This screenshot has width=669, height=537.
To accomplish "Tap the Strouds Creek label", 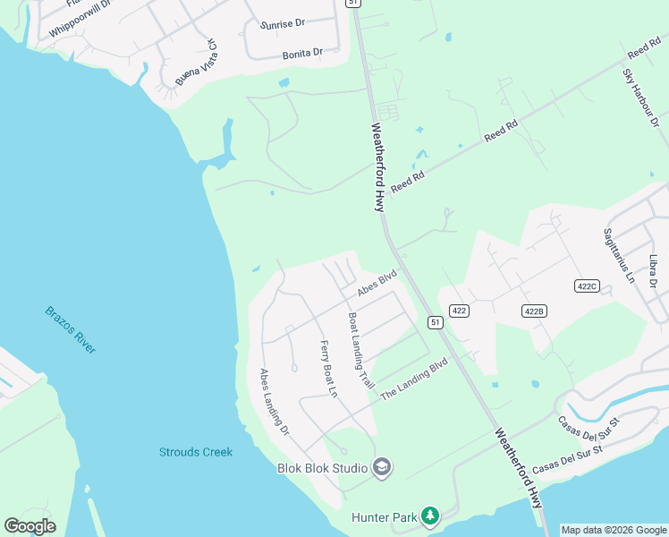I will (x=195, y=452).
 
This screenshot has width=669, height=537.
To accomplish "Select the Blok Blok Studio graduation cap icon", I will (x=382, y=467).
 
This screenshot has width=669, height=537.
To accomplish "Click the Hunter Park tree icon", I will (x=430, y=516).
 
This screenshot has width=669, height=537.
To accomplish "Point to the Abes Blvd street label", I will (x=376, y=285).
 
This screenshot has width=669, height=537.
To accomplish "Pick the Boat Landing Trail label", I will (x=360, y=349).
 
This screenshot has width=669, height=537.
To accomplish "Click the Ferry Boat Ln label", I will (x=328, y=369).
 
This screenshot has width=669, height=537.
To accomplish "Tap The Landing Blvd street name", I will (x=414, y=379).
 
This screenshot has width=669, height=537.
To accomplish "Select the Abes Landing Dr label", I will (x=275, y=402).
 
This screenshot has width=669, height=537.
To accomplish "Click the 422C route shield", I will (x=586, y=286).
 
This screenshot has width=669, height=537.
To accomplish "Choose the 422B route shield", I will (x=534, y=311).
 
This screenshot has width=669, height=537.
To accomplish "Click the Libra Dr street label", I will (x=654, y=271).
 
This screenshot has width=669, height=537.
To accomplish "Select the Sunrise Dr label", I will (x=284, y=24).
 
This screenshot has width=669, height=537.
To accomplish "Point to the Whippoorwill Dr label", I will (x=80, y=19).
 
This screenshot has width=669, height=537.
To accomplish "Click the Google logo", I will (x=30, y=526).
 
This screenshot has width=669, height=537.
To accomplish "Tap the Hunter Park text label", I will (x=385, y=517).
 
